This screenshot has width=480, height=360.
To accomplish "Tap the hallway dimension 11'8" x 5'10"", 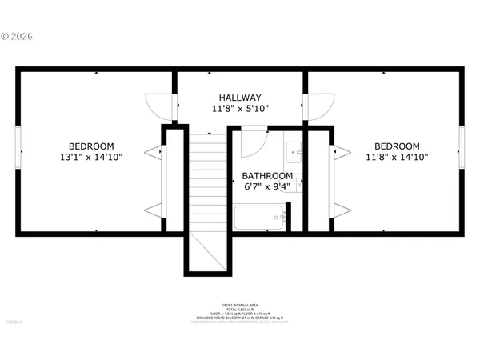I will coord(240,108).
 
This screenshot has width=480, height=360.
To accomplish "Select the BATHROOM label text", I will coord(267,175).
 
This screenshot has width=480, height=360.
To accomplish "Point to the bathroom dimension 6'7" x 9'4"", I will coord(267,186).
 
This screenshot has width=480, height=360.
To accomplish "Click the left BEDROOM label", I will coord(90,146).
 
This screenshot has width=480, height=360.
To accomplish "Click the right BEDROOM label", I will coord(398,146).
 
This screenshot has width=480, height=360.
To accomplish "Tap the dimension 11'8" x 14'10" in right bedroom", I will coord(398,157).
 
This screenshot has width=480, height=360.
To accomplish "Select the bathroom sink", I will coord(294,149).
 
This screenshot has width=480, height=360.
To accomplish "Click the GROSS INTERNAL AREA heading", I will coord(239,305).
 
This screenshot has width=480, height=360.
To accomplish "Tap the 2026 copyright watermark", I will coord(18,36).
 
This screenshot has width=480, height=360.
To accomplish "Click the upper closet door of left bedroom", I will coord(152,150).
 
